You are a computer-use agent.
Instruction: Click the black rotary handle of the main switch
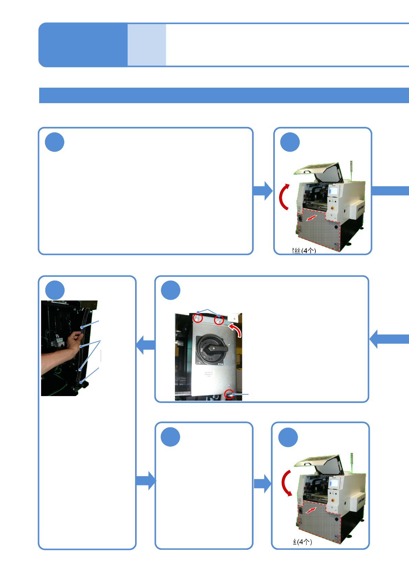(213, 349)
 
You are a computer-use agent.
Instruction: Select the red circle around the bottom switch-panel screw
(229, 394)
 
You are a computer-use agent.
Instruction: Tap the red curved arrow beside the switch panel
(235, 329)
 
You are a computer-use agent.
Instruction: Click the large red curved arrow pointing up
(284, 197)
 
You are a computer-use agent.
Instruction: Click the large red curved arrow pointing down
(286, 483)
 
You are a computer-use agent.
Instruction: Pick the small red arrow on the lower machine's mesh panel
(311, 511)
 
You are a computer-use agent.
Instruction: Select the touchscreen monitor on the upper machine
(334, 190)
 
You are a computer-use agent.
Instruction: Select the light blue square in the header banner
(147, 45)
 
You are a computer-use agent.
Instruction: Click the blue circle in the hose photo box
(55, 290)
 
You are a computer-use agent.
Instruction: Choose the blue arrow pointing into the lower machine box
(263, 483)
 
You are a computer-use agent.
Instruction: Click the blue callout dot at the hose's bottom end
(81, 382)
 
